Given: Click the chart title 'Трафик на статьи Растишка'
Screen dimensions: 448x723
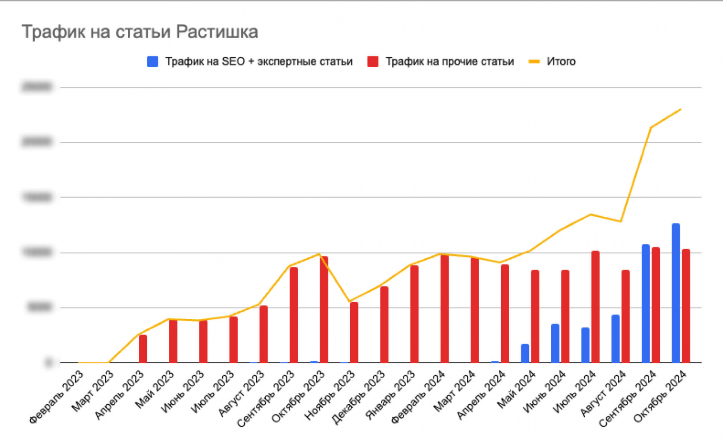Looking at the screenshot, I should tap(140, 32).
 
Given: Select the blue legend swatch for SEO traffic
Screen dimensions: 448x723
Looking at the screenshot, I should tap(153, 62).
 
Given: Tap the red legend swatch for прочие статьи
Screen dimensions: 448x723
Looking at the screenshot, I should tap(373, 62).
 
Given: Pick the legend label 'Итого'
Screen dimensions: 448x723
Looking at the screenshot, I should tap(561, 62).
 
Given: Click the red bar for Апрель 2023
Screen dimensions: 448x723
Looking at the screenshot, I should tap(143, 349).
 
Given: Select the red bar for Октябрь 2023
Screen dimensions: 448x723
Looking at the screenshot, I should tap(324, 309).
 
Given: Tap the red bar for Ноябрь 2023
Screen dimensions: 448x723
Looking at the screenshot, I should tap(354, 332).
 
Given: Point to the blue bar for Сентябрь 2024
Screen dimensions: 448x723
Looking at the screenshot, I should tap(646, 303).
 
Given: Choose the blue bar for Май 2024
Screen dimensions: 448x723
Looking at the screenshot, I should tap(525, 353).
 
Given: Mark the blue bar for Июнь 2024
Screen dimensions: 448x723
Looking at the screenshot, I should tap(555, 343).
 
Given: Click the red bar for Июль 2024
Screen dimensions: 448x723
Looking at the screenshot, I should tap(596, 307).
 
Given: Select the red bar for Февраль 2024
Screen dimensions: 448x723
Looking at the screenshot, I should tap(445, 308).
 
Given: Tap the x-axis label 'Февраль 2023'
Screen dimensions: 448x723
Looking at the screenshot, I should tap(57, 397).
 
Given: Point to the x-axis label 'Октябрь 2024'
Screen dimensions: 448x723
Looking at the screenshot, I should tap(660, 397).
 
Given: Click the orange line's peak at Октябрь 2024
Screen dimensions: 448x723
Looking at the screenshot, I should tap(681, 109).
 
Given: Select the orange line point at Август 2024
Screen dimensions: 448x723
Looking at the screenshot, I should tap(620, 221).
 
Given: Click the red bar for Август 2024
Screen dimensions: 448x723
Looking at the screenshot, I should tap(626, 316).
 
